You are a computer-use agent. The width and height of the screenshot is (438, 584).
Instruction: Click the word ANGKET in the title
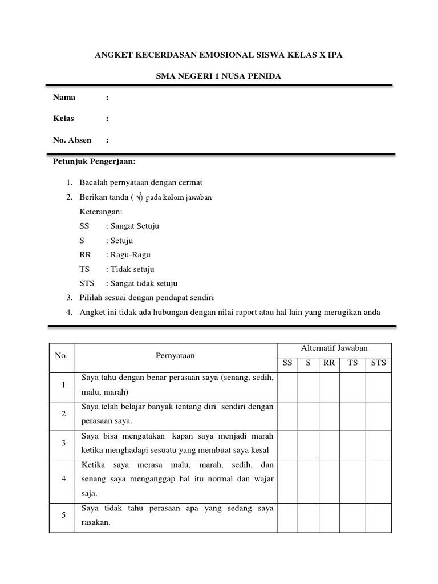pyautogui.click(x=113, y=55)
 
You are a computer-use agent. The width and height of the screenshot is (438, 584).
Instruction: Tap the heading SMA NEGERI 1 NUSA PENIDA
pyautogui.click(x=218, y=76)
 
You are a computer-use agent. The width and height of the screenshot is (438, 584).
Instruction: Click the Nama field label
pyautogui.click(x=64, y=97)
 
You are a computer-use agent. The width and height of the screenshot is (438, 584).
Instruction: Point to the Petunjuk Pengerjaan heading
pyautogui.click(x=94, y=161)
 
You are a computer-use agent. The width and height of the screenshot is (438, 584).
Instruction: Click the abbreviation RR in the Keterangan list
pyautogui.click(x=85, y=255)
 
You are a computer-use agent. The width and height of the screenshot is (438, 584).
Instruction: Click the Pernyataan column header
pyautogui.click(x=175, y=356)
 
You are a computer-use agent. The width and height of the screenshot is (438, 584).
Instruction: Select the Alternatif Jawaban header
pyautogui.click(x=334, y=348)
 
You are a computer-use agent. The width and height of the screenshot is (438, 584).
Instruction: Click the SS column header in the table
pyautogui.click(x=287, y=363)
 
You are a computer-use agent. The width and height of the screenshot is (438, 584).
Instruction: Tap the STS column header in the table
pyautogui.click(x=378, y=363)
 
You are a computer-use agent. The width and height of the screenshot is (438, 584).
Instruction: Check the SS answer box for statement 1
pyautogui.click(x=287, y=387)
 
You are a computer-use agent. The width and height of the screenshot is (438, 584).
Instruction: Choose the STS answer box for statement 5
pyautogui.click(x=378, y=517)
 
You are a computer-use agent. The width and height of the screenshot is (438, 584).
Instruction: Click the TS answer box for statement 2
pyautogui.click(x=352, y=415)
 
